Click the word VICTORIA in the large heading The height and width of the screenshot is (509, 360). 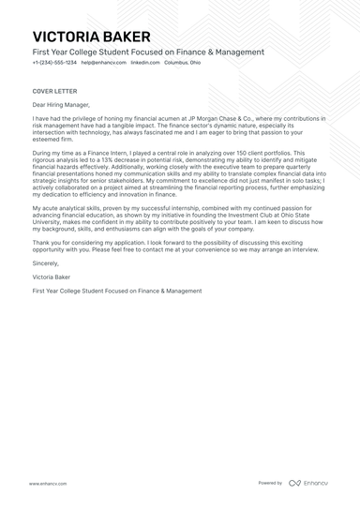pos(66,36)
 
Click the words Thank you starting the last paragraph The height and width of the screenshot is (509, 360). pos(44,243)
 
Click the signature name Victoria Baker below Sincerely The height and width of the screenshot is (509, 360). pos(56,277)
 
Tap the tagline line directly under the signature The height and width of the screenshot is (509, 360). pos(116,291)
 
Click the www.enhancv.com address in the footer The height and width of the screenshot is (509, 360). pos(47,483)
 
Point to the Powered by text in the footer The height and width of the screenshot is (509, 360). pos(270,483)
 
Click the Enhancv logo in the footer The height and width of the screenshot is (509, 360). pos(308,483)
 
